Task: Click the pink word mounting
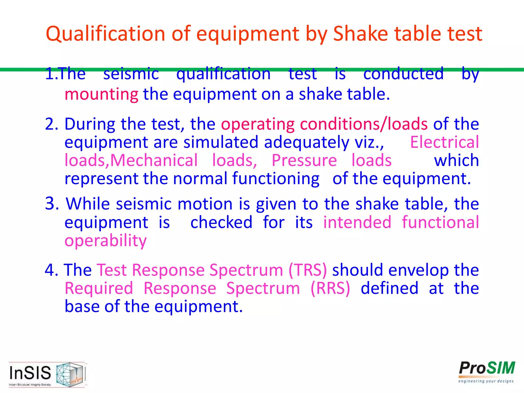point(101,94)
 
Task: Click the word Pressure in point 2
point(304,160)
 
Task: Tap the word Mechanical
point(154,160)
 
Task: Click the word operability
point(105,241)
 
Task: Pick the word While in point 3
point(88,204)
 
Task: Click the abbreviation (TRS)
point(308,270)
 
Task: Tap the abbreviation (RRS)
point(330,288)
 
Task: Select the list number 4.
point(51,270)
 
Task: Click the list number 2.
point(51,124)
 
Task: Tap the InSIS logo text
point(30,373)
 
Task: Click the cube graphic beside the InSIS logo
point(70,374)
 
